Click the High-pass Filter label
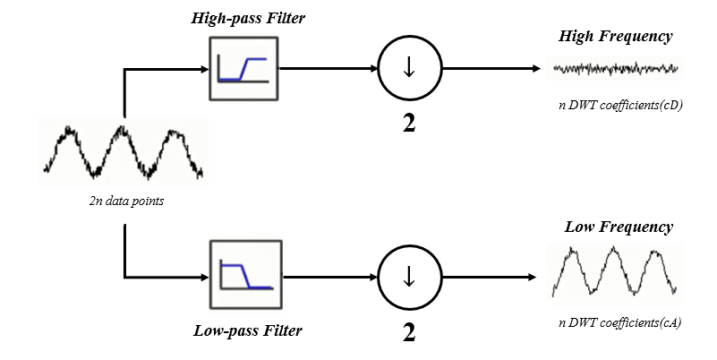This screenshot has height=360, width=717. click(x=246, y=19)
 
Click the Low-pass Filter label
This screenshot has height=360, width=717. click(x=248, y=330)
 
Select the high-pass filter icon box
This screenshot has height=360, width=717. click(x=244, y=68)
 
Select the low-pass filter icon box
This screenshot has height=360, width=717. click(x=244, y=275)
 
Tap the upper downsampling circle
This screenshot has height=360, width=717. click(x=408, y=68)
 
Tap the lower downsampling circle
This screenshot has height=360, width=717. click(x=408, y=276)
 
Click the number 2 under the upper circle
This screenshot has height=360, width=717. click(x=408, y=123)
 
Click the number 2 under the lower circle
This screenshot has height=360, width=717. click(x=408, y=331)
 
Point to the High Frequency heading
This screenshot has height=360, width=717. click(x=615, y=37)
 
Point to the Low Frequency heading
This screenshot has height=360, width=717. click(x=618, y=227)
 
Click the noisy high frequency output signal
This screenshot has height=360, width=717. click(x=616, y=68)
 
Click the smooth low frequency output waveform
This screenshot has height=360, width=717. click(x=616, y=271)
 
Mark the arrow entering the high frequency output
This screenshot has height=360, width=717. click(x=492, y=68)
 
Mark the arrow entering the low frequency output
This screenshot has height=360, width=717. click(x=492, y=276)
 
